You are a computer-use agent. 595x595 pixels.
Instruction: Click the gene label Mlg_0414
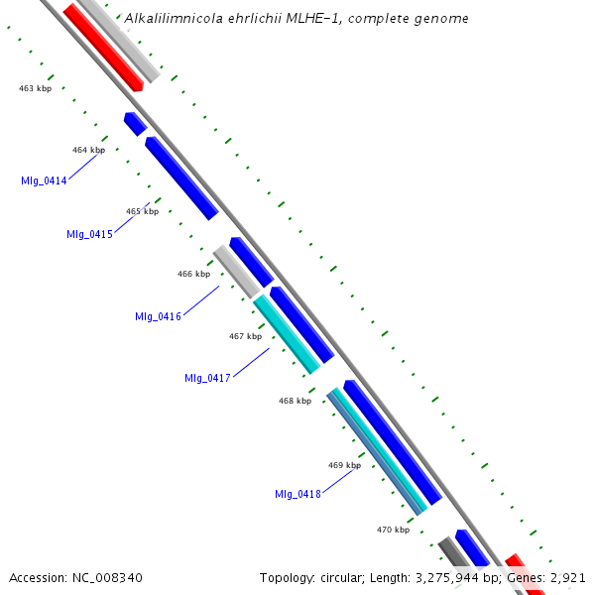click(x=44, y=180)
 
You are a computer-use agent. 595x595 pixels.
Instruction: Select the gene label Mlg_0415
click(x=89, y=234)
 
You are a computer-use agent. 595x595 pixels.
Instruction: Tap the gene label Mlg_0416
click(x=158, y=316)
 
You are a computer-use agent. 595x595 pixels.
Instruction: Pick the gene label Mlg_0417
click(x=207, y=378)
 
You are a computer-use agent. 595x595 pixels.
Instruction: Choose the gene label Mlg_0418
click(x=297, y=494)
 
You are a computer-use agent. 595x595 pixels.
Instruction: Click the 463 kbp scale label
click(x=36, y=88)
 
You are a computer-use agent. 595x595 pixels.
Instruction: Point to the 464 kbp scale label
click(x=88, y=150)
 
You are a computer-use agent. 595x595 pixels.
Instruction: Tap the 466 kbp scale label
click(x=193, y=274)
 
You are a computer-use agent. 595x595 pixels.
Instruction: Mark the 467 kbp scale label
click(x=245, y=336)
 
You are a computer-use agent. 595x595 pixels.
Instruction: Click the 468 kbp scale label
click(x=295, y=401)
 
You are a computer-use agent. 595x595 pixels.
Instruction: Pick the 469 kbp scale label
click(x=344, y=465)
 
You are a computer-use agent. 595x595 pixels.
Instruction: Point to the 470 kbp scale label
click(x=393, y=530)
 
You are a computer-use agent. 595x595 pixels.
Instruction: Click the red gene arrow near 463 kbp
click(x=103, y=47)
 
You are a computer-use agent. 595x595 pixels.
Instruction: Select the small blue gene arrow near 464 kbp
click(x=135, y=124)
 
